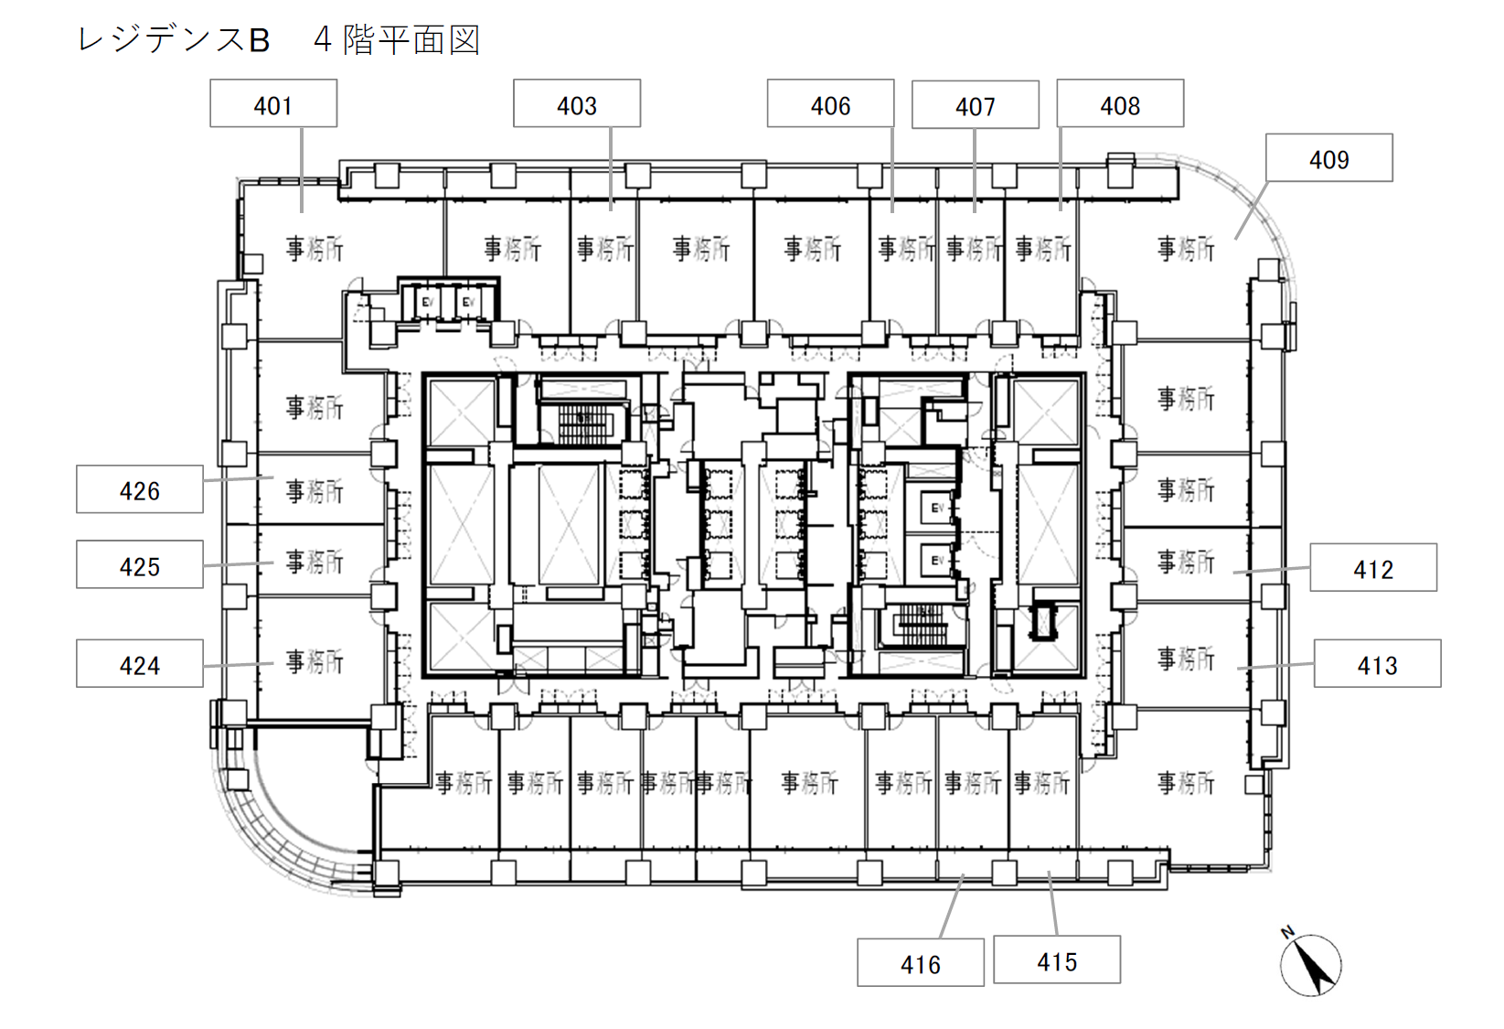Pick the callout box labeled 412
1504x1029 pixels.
(1372, 568)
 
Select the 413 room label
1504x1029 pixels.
(1377, 664)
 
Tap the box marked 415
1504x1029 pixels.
(1057, 960)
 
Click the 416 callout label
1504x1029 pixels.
(920, 963)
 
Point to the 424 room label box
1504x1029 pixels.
(140, 664)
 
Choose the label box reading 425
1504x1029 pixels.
(140, 565)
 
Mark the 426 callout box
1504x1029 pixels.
(140, 489)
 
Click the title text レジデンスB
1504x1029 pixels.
(174, 40)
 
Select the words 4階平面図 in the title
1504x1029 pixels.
(397, 40)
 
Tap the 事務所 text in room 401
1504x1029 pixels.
(315, 248)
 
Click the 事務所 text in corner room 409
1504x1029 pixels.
(1186, 248)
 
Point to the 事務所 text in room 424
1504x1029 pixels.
(315, 660)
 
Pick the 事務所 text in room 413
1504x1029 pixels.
(1186, 659)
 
